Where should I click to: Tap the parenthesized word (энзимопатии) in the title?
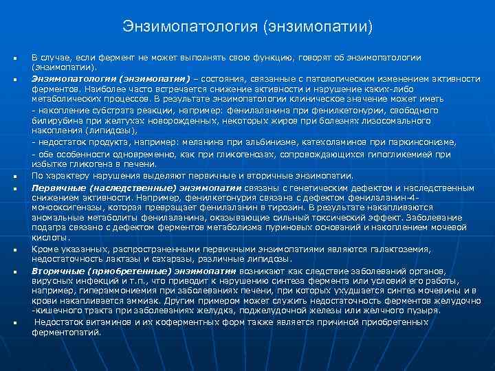click(317, 27)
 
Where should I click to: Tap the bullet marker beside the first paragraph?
click(14, 57)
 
